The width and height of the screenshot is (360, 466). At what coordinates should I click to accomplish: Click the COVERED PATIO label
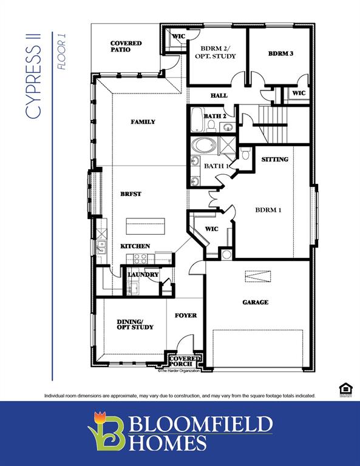(x=126, y=47)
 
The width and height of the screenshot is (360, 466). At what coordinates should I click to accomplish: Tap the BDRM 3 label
(x=280, y=53)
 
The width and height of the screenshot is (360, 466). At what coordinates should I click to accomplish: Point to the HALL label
(x=219, y=96)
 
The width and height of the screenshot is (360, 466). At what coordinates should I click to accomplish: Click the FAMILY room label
(x=143, y=122)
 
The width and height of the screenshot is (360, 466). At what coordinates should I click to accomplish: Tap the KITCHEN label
(x=135, y=246)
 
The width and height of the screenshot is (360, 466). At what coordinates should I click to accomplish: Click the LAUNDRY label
(x=143, y=274)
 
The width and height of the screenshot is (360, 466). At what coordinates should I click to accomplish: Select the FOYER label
(x=186, y=316)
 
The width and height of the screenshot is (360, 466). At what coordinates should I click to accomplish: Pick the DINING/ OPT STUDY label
(x=135, y=324)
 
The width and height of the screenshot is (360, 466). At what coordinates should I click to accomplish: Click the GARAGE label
(x=255, y=302)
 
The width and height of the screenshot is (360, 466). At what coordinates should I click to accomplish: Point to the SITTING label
(x=274, y=160)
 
